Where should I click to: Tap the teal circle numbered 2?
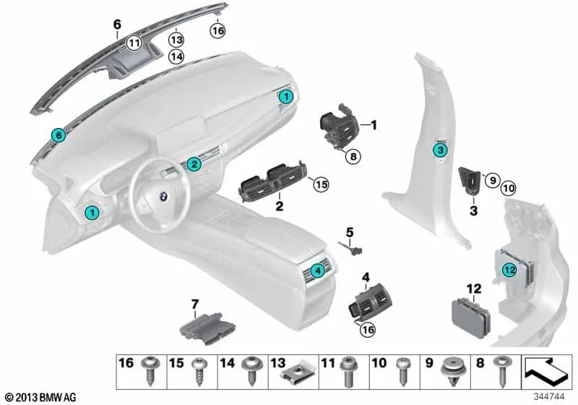click(x=194, y=164)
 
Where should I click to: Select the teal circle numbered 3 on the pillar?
click(x=439, y=150)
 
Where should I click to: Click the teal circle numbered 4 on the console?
click(x=316, y=271)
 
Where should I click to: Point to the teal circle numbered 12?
click(x=510, y=270)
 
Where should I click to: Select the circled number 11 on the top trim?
click(x=134, y=43)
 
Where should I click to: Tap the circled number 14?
click(x=176, y=56)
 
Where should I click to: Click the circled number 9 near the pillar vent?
click(x=491, y=179)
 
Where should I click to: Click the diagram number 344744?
click(x=551, y=397)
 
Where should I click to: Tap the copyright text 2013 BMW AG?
click(x=40, y=397)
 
